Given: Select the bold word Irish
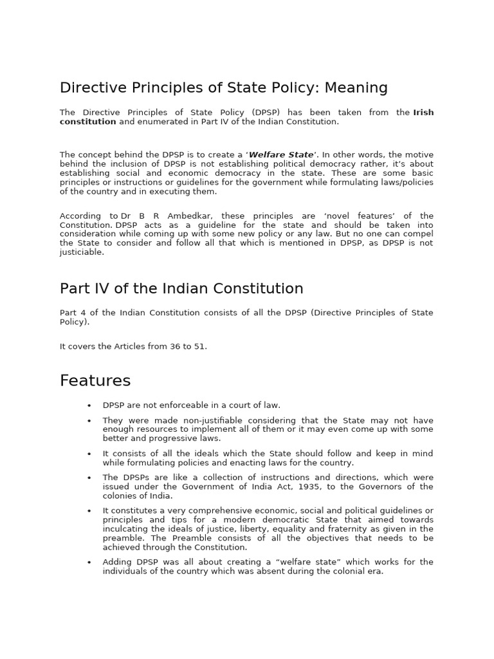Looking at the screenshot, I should [423, 113].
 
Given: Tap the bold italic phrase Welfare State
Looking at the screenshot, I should [281, 155].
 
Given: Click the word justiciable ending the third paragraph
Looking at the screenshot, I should [82, 252].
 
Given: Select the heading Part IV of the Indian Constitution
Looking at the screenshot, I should [181, 288].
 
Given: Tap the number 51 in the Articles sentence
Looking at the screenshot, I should [199, 346].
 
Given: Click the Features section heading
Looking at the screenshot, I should [95, 380].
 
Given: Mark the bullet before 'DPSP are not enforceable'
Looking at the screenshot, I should [89, 405].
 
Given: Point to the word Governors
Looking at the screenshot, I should [355, 487].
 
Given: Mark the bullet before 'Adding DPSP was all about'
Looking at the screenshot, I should [89, 562].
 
